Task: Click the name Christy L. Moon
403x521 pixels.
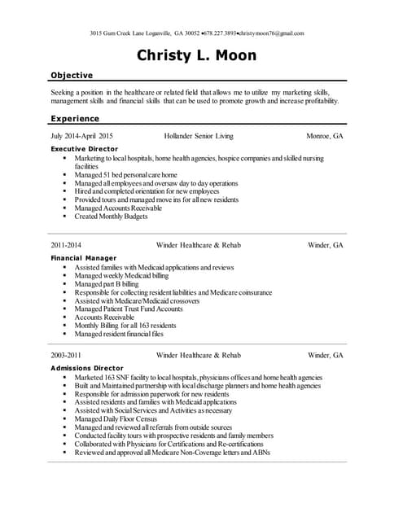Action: [x=196, y=56]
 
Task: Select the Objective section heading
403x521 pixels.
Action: [x=72, y=75]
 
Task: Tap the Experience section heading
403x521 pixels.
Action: [x=75, y=118]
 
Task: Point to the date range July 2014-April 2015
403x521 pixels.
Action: [x=82, y=136]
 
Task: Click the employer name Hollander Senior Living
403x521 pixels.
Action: [x=199, y=136]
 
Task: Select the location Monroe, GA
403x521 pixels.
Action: [x=324, y=136]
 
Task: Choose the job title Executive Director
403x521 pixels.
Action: [x=84, y=149]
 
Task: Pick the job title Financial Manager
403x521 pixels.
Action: [x=83, y=258]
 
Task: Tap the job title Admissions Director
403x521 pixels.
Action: [x=86, y=368]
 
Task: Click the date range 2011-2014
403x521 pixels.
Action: [x=66, y=244]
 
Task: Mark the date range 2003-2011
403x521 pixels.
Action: [x=66, y=355]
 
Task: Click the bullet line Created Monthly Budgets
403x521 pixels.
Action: [x=111, y=217]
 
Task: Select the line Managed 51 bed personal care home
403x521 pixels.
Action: [x=125, y=174]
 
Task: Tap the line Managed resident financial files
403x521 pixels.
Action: [x=119, y=334]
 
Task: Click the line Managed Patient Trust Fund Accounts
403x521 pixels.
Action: [x=129, y=309]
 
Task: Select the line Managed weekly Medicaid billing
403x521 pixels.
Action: [x=122, y=275]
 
